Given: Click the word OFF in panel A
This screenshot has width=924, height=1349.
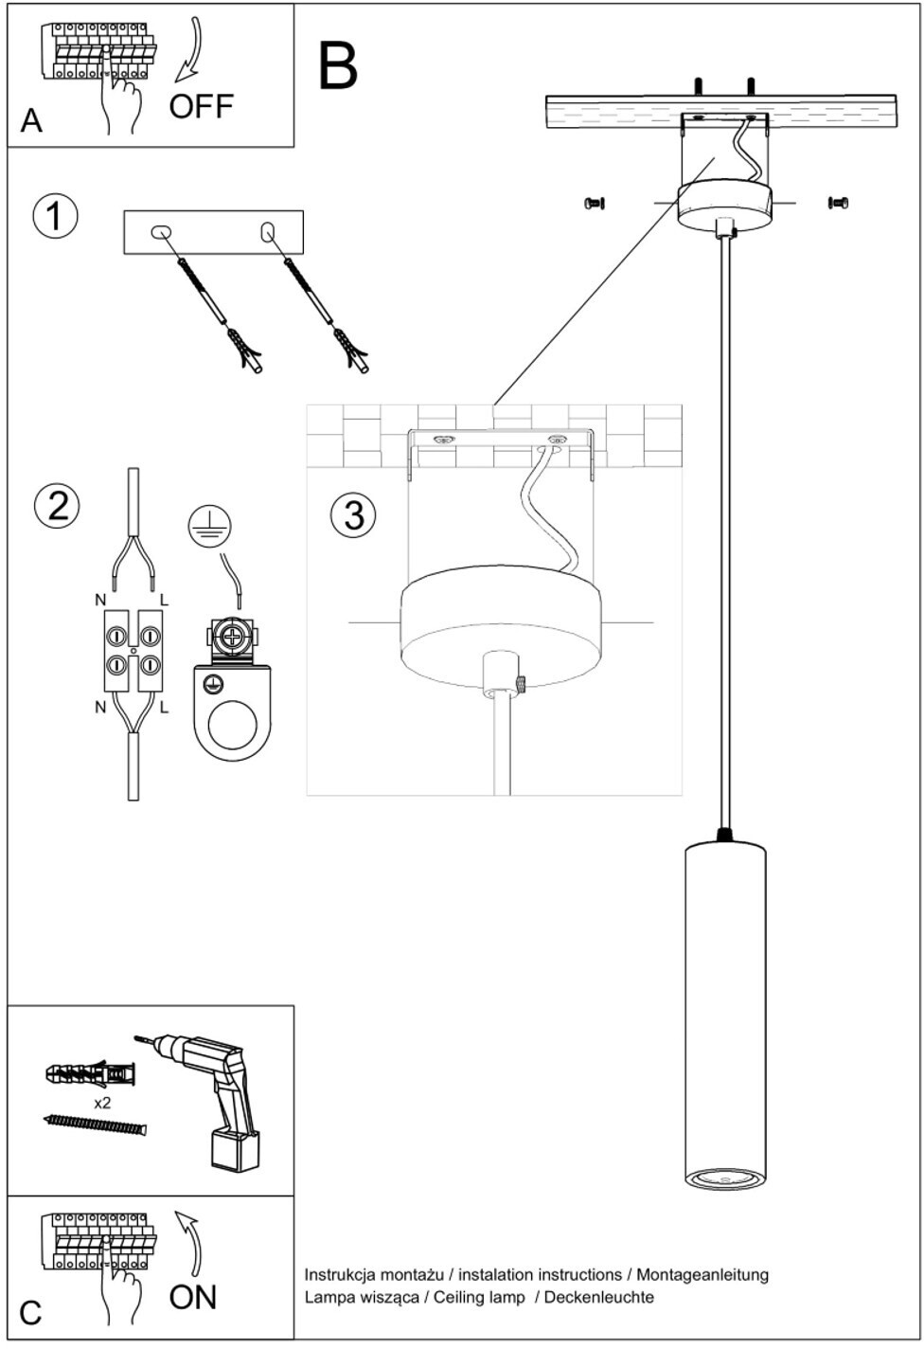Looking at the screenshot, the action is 201,107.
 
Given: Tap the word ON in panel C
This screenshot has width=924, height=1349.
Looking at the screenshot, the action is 192,1297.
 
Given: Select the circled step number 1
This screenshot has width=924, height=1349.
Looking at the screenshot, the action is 55,216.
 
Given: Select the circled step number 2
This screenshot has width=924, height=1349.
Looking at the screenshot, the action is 57,506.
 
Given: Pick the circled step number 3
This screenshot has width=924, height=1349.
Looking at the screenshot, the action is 353,515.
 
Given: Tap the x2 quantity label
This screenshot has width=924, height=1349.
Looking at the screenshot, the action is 103,1103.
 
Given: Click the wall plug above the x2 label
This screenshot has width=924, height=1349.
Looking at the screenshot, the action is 91,1073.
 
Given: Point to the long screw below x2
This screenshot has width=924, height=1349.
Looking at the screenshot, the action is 96,1124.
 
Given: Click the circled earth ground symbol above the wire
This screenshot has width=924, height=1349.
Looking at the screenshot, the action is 210,526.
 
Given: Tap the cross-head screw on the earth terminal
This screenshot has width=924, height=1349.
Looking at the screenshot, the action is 232,636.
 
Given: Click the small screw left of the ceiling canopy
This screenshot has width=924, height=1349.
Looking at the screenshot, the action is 595,204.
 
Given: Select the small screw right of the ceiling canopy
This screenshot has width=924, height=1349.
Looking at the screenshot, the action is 838,203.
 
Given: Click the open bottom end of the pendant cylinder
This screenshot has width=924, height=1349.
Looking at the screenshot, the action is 725,1179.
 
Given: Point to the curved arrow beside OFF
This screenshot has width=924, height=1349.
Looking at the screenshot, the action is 189,49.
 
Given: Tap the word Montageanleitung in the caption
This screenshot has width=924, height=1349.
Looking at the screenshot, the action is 702,1276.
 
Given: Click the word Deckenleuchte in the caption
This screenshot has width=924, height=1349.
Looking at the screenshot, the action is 599,1297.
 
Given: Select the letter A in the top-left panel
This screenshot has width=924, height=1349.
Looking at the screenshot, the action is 31,120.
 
